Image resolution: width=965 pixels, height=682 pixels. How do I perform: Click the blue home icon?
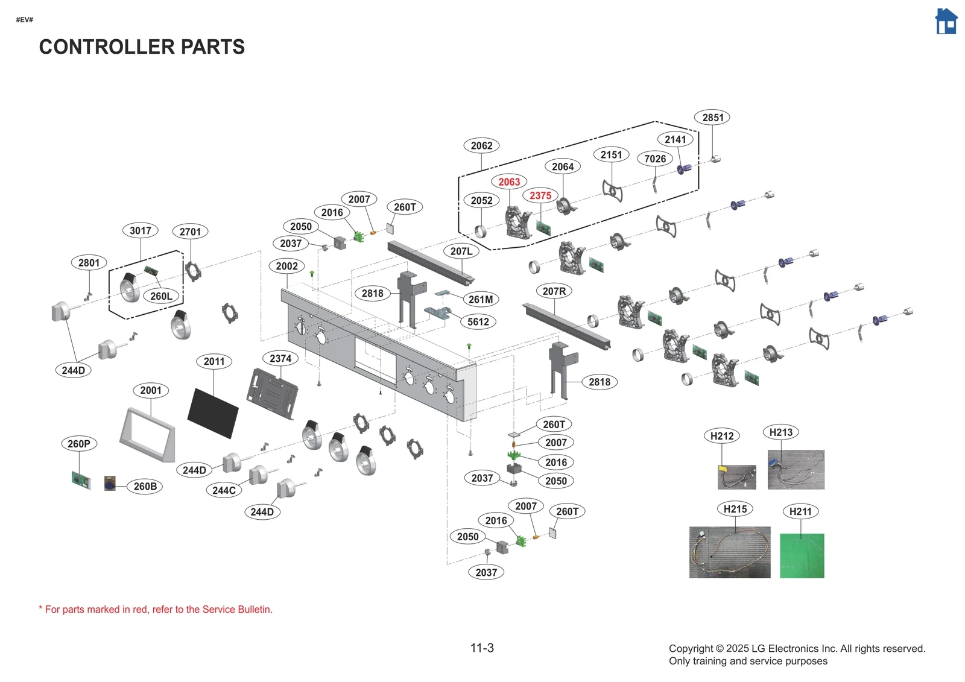pos(946,22)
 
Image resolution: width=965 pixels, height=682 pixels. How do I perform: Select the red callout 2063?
pos(509,182)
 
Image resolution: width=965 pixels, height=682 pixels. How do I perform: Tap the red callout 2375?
pos(540,195)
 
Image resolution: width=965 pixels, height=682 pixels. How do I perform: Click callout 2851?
pos(712,118)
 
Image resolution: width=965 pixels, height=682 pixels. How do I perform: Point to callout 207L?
pos(461,251)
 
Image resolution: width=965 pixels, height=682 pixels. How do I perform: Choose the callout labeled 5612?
pos(478,322)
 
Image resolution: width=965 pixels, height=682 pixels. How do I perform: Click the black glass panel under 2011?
pos(213,413)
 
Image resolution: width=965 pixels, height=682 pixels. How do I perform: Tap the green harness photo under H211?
pos(802,555)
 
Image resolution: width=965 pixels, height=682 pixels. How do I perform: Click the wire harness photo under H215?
pos(730,552)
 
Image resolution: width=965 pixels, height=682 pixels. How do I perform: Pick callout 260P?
pos(79,444)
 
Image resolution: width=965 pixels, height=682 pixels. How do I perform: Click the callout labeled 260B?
pos(145,486)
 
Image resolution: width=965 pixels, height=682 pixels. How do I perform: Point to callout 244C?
pos(224,490)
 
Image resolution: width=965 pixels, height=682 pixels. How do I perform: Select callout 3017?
pos(141,230)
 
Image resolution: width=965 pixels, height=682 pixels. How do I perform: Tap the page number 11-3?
pos(482,648)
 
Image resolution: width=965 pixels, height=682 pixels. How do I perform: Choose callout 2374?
pos(280,358)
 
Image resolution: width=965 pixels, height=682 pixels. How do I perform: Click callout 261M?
pos(481,299)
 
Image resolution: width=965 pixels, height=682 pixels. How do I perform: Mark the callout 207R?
pos(554,291)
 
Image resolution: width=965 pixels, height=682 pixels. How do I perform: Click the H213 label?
pos(781,432)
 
